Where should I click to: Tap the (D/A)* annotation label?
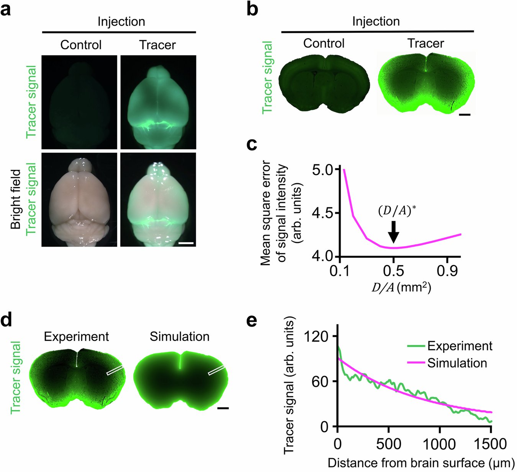(x=397, y=211)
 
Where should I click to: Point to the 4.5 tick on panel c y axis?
(x=323, y=213)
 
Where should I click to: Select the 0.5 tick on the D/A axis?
(x=393, y=271)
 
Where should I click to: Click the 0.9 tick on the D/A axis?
(x=447, y=271)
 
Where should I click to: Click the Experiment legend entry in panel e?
(x=460, y=346)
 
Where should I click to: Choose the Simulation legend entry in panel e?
(x=457, y=363)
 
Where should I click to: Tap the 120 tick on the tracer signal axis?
(x=316, y=336)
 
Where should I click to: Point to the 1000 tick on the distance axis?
(x=439, y=444)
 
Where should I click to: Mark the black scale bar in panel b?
(x=464, y=114)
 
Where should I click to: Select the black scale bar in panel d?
(x=223, y=409)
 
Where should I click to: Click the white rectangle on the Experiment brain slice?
(x=115, y=369)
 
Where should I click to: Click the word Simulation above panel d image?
(x=179, y=337)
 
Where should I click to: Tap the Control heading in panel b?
(x=324, y=43)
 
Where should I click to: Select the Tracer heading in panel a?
(x=157, y=45)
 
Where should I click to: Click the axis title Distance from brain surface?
(x=420, y=463)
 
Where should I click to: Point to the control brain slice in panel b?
(x=324, y=84)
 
